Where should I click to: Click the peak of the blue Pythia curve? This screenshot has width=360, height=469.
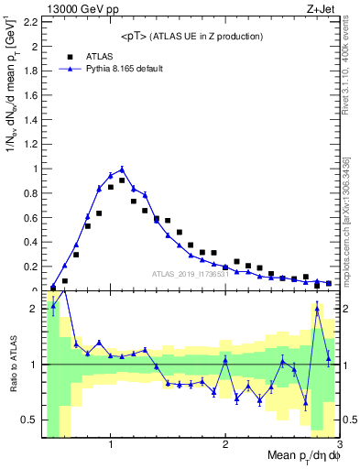point(122,169)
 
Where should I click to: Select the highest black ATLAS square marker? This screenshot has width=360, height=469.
point(122,180)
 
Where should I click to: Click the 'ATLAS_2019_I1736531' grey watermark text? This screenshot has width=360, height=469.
point(191,273)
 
